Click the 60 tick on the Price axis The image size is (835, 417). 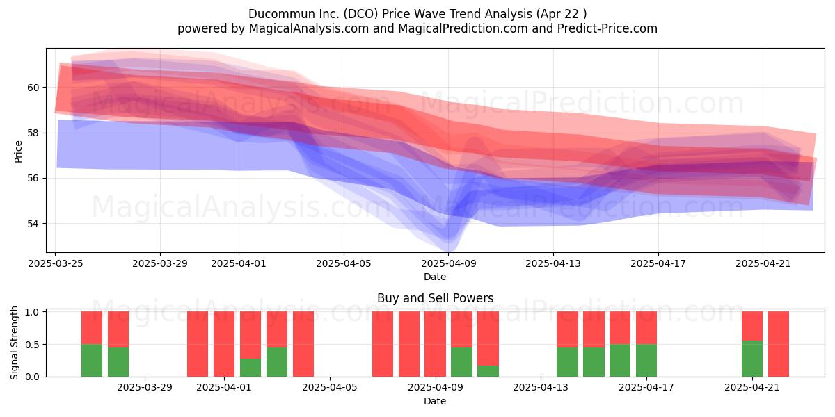tap(33, 88)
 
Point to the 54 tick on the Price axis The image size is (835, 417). tap(33, 224)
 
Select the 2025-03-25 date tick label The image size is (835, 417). tap(56, 263)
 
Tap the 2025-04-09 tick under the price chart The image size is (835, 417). tap(449, 263)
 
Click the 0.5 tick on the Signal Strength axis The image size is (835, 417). tap(32, 345)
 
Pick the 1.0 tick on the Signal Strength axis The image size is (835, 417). tap(32, 311)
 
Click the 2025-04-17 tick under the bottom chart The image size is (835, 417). tap(646, 388)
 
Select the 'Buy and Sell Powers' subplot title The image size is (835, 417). tap(435, 298)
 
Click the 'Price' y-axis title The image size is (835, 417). tap(18, 152)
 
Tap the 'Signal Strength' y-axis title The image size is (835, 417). tap(14, 343)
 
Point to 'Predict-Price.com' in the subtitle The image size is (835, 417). tap(607, 28)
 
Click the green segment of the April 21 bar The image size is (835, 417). tap(752, 359)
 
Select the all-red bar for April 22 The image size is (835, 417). tap(779, 344)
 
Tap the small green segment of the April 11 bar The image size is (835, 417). tap(488, 371)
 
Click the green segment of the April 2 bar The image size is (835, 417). tap(250, 368)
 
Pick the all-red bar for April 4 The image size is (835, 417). tap(303, 344)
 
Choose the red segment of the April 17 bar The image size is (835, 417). tap(646, 328)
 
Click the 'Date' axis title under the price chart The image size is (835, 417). tap(435, 277)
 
